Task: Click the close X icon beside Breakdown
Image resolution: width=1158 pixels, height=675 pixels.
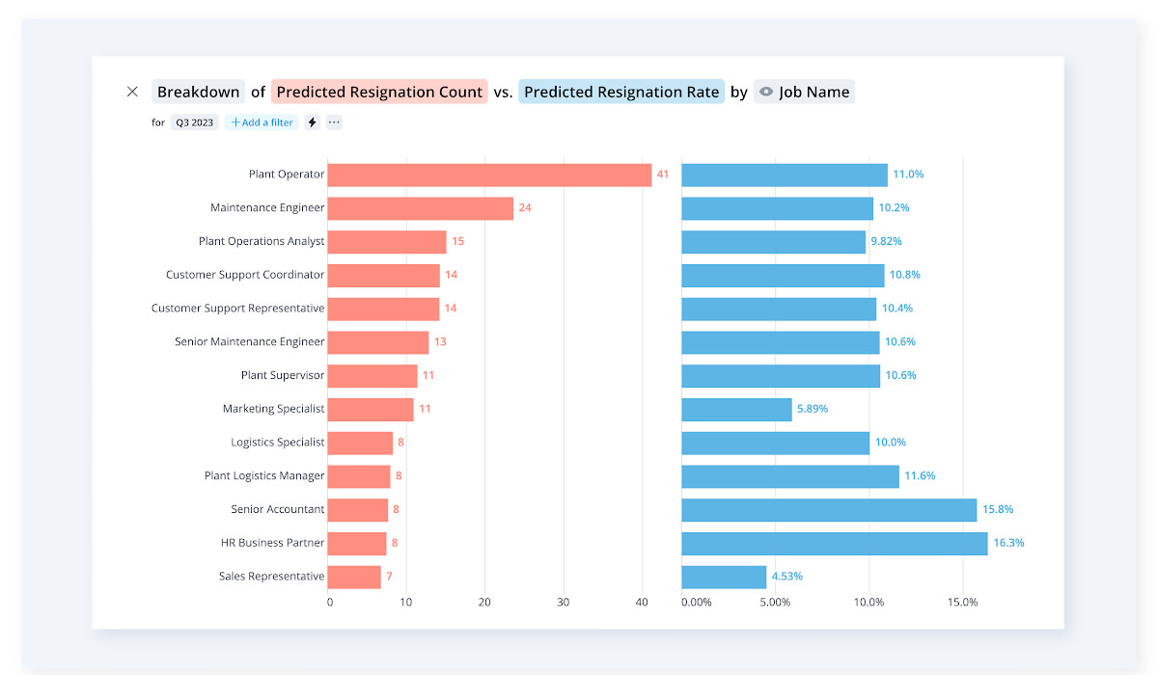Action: [x=132, y=92]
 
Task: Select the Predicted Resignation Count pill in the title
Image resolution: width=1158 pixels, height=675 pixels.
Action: [x=379, y=92]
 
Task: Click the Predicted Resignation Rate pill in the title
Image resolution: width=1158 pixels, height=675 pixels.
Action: [x=621, y=92]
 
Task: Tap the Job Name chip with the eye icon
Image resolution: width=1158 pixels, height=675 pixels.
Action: [x=804, y=92]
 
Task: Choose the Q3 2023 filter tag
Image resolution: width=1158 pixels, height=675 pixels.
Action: [x=195, y=122]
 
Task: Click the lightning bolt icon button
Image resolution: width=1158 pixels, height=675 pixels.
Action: [x=312, y=122]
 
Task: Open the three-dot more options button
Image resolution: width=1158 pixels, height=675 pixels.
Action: [x=334, y=122]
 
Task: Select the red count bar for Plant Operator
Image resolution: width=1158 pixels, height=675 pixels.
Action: [x=489, y=175]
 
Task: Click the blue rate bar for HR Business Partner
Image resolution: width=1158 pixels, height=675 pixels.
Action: [x=834, y=543]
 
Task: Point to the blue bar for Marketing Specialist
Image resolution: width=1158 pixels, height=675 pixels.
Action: [x=736, y=409]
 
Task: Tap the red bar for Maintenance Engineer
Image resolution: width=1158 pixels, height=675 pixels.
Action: [x=420, y=208]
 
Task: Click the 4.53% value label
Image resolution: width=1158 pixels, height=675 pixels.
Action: [x=786, y=577]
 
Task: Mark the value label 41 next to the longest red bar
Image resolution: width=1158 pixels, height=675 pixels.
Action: [x=663, y=175]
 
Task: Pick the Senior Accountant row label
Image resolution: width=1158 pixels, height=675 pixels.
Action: [x=278, y=509]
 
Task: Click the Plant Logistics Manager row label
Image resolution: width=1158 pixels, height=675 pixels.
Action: [x=264, y=475]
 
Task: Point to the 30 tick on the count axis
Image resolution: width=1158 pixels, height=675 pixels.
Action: [x=564, y=603]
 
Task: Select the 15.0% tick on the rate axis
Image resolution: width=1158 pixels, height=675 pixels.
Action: [x=962, y=603]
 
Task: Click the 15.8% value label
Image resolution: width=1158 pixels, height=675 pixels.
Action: [x=998, y=509]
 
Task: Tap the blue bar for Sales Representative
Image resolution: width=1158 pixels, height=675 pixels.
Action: [x=724, y=577]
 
